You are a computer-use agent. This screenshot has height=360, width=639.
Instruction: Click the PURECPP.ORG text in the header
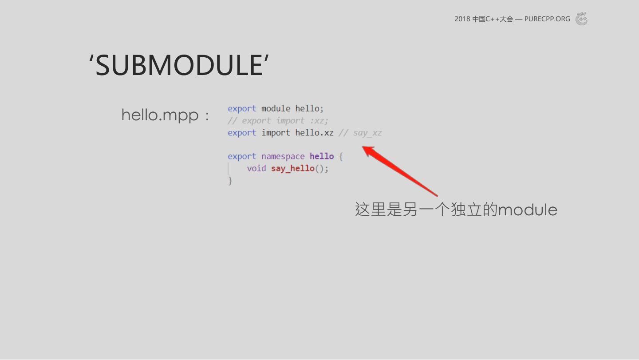click(x=547, y=19)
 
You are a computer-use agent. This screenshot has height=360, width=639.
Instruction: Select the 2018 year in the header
click(x=462, y=19)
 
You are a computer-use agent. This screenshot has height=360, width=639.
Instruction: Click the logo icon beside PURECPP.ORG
click(x=581, y=19)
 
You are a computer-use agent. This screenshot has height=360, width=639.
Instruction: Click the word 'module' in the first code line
click(x=276, y=109)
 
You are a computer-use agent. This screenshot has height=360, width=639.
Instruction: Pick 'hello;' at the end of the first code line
click(x=309, y=109)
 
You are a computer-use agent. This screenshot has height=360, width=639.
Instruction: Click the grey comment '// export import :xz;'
click(x=278, y=121)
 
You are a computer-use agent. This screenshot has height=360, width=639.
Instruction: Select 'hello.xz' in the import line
click(x=314, y=133)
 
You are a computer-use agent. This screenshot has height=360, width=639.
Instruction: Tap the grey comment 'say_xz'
click(x=367, y=133)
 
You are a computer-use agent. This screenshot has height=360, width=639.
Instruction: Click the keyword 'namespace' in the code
click(x=283, y=156)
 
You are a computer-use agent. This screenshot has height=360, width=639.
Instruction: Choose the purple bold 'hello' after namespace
click(x=321, y=156)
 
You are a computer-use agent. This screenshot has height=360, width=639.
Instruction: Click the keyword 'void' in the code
click(x=256, y=168)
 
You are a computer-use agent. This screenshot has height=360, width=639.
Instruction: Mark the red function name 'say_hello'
click(x=292, y=168)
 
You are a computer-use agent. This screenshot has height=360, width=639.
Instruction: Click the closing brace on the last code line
click(x=230, y=181)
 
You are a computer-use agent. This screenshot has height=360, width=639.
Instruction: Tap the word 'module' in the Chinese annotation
click(x=527, y=210)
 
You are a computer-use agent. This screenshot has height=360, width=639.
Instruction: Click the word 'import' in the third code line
click(x=276, y=133)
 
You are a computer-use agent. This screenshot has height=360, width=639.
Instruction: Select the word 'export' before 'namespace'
click(x=242, y=156)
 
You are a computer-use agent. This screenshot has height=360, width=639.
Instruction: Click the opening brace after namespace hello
click(x=341, y=156)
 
